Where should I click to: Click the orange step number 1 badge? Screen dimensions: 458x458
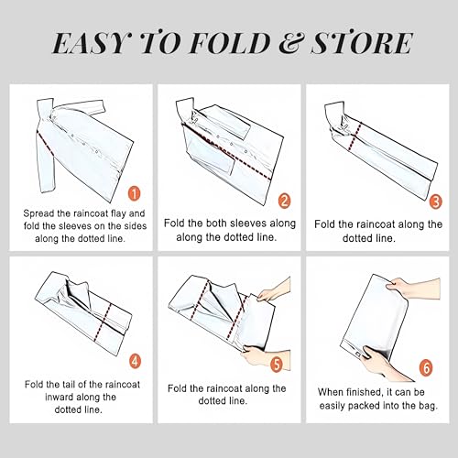tap(134, 193)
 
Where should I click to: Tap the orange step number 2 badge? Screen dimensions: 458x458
tap(284, 201)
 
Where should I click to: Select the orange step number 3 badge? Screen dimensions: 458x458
tap(436, 202)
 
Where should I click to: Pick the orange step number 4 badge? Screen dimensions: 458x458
tap(136, 362)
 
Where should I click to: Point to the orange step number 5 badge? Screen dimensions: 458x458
tap(277, 365)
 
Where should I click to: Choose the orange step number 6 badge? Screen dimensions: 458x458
tap(426, 367)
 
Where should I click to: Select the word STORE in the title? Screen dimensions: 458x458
tap(362, 43)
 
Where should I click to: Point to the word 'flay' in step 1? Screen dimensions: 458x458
tap(118, 213)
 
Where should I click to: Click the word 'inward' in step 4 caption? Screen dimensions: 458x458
tap(59, 398)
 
